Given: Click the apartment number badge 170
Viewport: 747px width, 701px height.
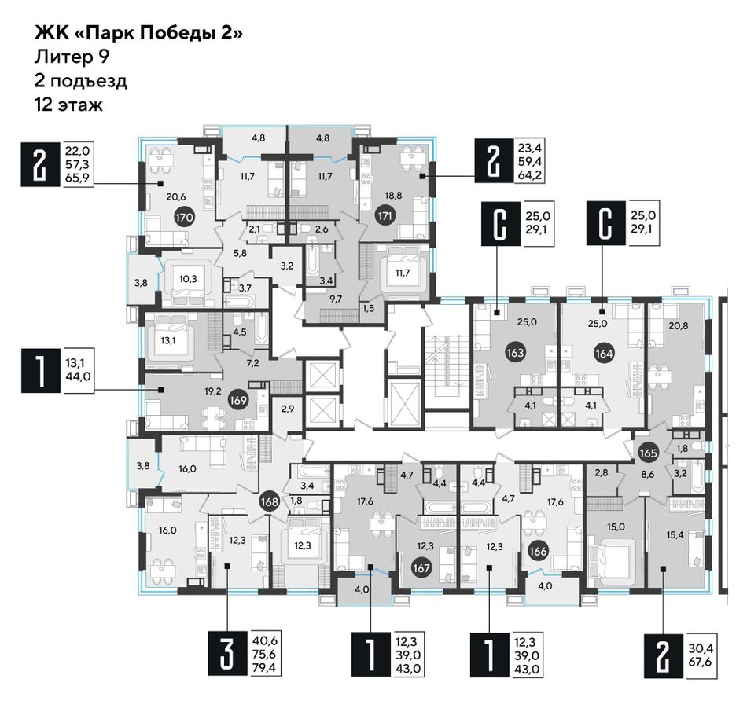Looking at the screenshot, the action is pos(184,218).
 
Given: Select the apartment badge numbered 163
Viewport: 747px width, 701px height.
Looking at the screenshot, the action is pos(516,353).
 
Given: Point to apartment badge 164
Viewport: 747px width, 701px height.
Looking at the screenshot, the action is pos(604,354).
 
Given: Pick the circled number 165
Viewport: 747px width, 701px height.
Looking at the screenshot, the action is pos(648,453).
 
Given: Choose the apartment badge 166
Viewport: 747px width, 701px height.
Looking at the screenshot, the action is pos(538,551).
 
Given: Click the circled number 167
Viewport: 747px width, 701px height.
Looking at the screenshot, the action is pos(422,567).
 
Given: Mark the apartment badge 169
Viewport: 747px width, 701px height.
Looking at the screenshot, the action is pos(237,400).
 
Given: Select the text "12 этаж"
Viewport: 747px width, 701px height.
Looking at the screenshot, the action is pos(68,105).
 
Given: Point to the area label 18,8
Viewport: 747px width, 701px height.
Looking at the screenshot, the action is pos(393,195).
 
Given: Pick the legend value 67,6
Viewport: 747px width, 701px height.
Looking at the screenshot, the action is pos(699,662).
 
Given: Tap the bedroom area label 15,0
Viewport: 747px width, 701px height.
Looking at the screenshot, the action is pos(616,527).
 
